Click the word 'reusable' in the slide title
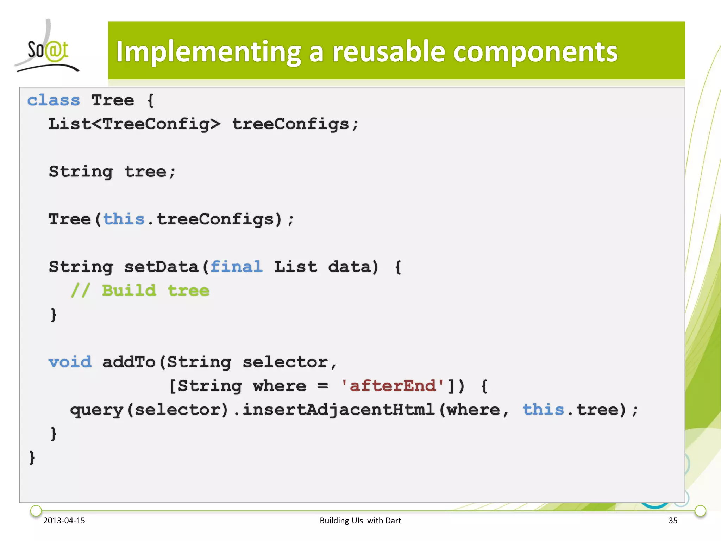pyautogui.click(x=389, y=52)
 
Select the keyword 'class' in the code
pyautogui.click(x=54, y=100)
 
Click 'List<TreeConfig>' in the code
pyautogui.click(x=134, y=124)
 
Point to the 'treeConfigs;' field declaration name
pyautogui.click(x=295, y=124)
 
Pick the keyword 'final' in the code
pyautogui.click(x=236, y=267)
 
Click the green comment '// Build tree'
pyautogui.click(x=140, y=291)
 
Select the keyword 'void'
pyautogui.click(x=70, y=362)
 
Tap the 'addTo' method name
pyautogui.click(x=129, y=362)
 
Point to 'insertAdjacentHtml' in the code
pyautogui.click(x=338, y=410)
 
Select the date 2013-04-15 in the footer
pyautogui.click(x=64, y=521)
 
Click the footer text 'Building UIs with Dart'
pyautogui.click(x=360, y=521)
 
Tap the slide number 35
pyautogui.click(x=673, y=521)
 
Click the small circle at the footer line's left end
pyautogui.click(x=36, y=510)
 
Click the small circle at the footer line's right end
pyautogui.click(x=700, y=510)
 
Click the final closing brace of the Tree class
pyautogui.click(x=32, y=458)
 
